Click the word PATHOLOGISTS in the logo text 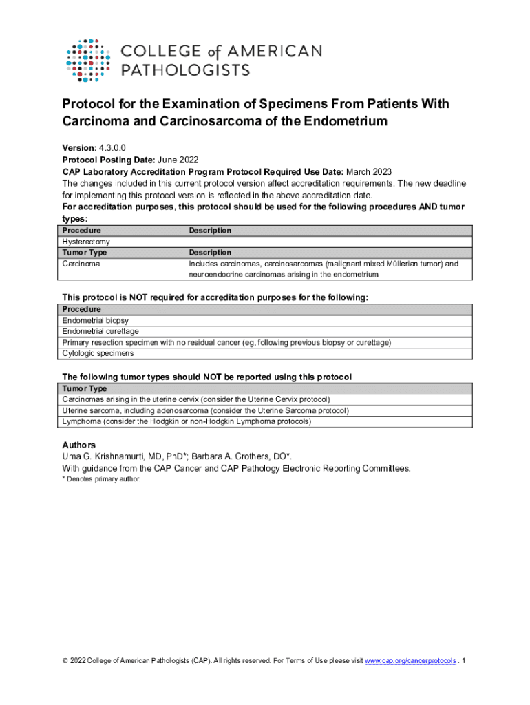[186, 70]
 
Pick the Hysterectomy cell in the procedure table [86, 242]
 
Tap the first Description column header [210, 231]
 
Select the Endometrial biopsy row [95, 321]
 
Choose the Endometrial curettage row [100, 332]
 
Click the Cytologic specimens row [98, 353]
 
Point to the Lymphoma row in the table [187, 421]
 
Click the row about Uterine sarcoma [205, 410]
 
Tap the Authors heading [79, 445]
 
